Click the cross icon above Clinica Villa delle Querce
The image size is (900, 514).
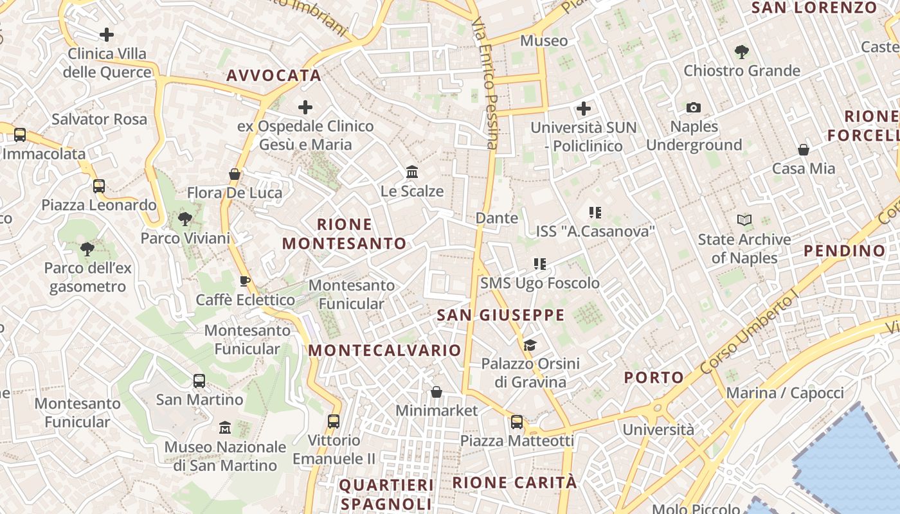coord(107,34)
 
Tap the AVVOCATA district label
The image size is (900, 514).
coord(274,75)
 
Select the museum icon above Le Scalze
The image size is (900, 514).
coord(412,172)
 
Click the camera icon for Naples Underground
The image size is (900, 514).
coord(694,107)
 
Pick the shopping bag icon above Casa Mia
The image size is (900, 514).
coord(804,150)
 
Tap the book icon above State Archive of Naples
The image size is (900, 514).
coord(744,220)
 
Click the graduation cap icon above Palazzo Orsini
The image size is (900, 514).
coord(530,345)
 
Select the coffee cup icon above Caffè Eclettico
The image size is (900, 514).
coord(245,281)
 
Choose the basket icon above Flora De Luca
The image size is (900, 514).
coord(235,174)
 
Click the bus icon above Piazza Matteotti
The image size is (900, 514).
coord(517,422)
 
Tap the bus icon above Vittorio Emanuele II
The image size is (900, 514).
coord(333,421)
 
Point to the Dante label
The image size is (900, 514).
coord(497,218)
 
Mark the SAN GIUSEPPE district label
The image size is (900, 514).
coord(500,315)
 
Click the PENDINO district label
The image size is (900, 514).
coord(845,251)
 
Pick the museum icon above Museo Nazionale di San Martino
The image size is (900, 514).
coord(225,427)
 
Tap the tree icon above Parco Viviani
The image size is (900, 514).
coord(185,219)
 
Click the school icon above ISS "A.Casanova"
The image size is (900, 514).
coord(595,212)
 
